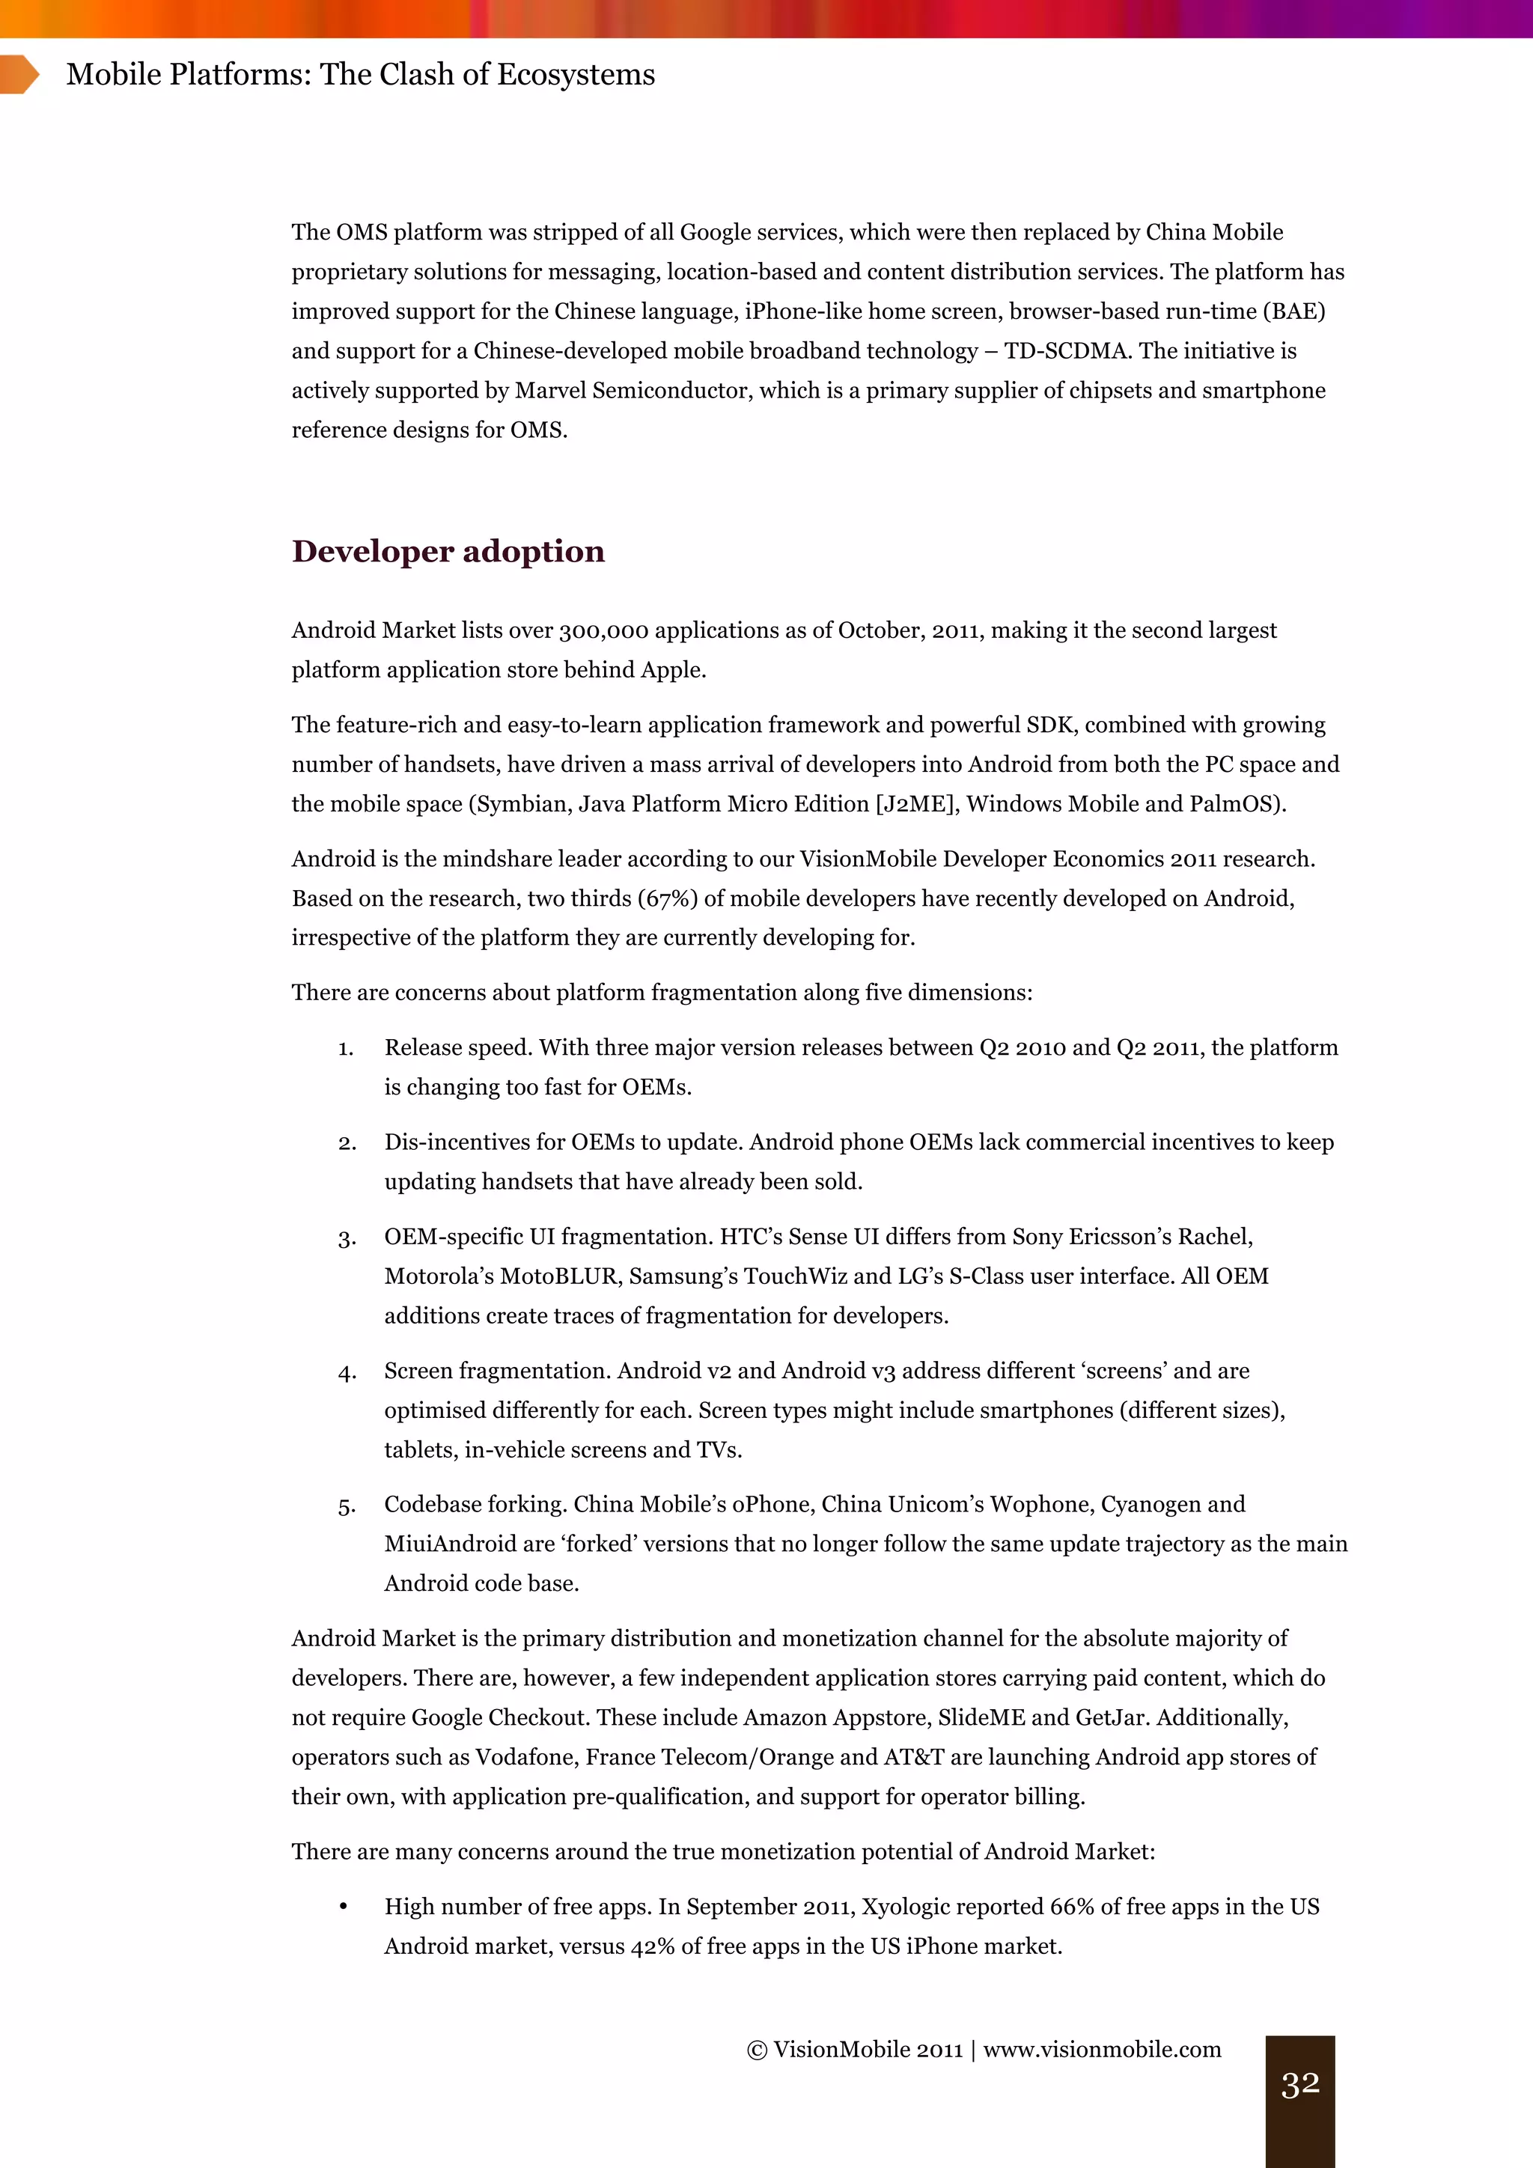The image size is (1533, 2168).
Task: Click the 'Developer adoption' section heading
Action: (448, 552)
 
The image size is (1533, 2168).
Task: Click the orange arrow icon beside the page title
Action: (19, 75)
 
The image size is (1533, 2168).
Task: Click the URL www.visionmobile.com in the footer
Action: (1102, 2049)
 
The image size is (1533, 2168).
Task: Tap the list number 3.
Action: (347, 1238)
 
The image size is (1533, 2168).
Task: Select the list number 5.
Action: (347, 1505)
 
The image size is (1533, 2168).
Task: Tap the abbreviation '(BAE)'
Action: (1294, 311)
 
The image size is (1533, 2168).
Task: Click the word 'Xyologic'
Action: (904, 1907)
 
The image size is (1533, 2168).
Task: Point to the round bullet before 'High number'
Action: (344, 1907)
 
